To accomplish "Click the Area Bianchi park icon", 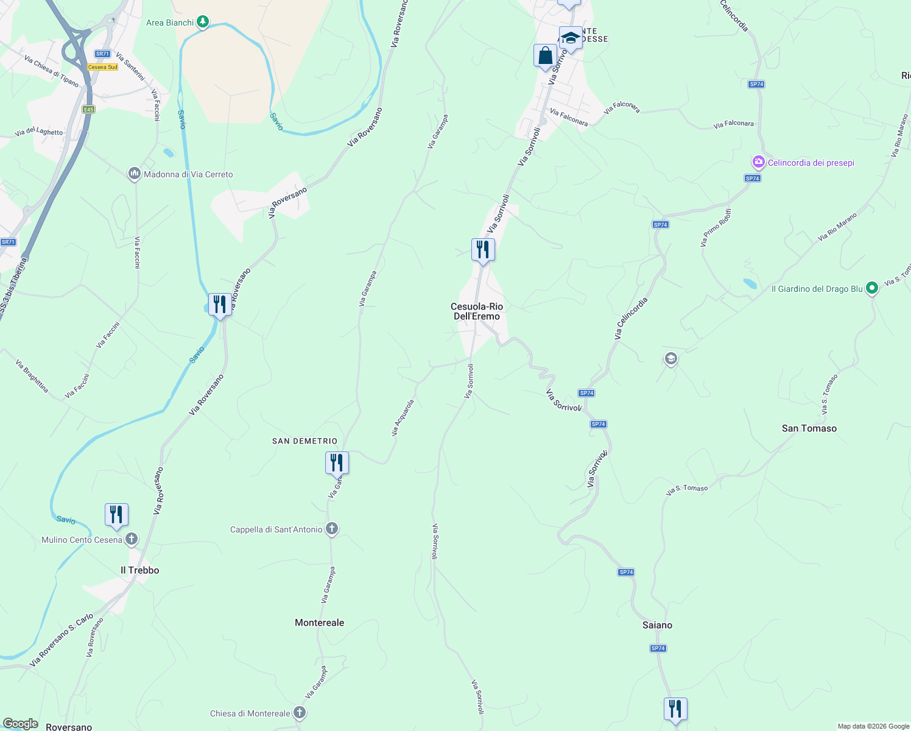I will (x=203, y=23).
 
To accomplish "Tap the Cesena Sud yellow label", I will (x=102, y=67).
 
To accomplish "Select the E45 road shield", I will (x=89, y=110).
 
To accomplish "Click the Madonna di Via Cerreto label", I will (x=188, y=174).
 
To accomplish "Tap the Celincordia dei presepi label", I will (x=811, y=163).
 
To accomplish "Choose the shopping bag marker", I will (x=545, y=56).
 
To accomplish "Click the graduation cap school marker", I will (x=571, y=38).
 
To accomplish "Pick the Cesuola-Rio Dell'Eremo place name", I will (x=477, y=311).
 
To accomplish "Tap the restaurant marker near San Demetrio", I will (x=337, y=463).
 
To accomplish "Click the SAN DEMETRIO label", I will (x=304, y=441).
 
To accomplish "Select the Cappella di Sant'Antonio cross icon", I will (x=332, y=529).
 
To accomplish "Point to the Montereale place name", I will (x=319, y=623).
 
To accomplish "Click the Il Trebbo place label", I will (x=139, y=570).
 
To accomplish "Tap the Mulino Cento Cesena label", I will (x=82, y=540).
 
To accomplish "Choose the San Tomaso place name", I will (x=809, y=428).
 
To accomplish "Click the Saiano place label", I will (x=657, y=625).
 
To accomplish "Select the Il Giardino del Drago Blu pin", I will (x=871, y=288).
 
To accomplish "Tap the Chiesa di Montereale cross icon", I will (x=299, y=713).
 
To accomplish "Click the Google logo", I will (x=21, y=724).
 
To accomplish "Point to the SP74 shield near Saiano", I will (x=658, y=648).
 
